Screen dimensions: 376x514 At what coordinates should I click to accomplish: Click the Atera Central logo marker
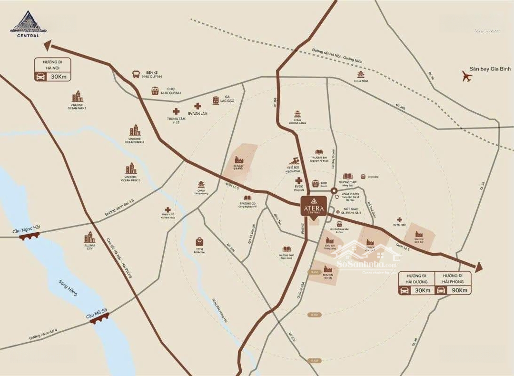[x=313, y=206]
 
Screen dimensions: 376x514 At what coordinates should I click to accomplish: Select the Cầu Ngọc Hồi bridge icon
[x=30, y=236]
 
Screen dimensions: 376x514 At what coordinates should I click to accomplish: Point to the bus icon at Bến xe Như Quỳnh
[x=136, y=74]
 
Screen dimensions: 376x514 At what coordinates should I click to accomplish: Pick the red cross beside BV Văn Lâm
[x=197, y=107]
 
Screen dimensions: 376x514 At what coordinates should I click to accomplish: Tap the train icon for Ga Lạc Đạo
[x=216, y=100]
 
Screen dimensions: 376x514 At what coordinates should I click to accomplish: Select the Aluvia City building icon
[x=89, y=237]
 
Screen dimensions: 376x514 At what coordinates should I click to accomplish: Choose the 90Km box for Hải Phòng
[x=454, y=290]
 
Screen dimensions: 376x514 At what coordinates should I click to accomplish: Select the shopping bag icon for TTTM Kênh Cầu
[x=199, y=242]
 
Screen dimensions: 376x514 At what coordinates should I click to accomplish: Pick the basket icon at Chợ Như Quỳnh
[x=155, y=91]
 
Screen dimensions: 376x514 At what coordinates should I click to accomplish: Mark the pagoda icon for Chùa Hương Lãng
[x=298, y=114]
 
